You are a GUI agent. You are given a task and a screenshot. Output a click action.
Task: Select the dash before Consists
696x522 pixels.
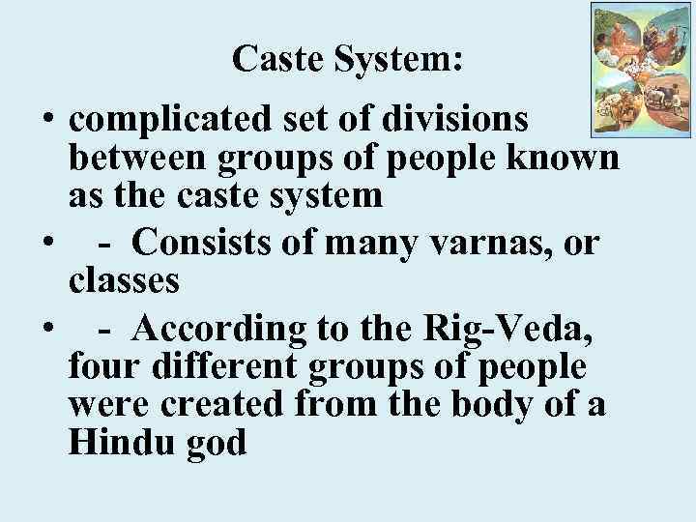point(102,246)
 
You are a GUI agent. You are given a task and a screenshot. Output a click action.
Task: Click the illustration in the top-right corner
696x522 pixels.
point(639,68)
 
